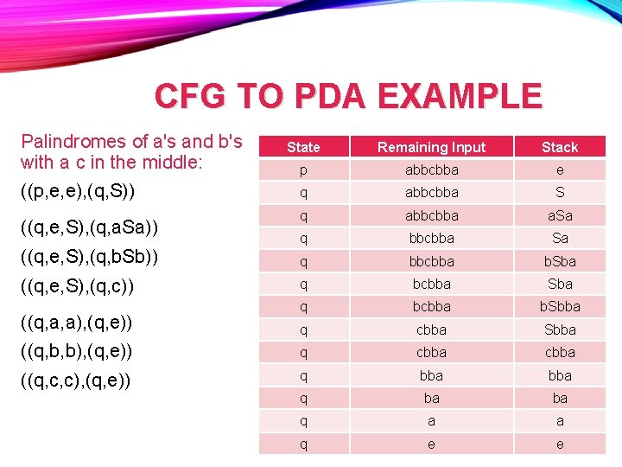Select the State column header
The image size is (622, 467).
coord(303,147)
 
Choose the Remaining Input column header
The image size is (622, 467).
coord(431,147)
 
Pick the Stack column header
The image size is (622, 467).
coord(560,147)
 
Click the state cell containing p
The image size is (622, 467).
coord(303,170)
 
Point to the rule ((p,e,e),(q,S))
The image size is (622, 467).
coord(77,189)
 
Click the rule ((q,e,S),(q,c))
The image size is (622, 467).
coord(77,285)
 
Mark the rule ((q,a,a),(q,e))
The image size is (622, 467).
coord(77,323)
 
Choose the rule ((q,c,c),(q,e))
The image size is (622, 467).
coord(77,381)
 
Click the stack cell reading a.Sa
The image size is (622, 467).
coord(560,215)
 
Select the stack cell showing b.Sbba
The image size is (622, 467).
coord(560,306)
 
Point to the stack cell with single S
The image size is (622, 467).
coord(560,192)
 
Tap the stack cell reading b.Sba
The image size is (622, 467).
coord(560,261)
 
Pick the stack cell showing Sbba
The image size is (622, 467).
coord(560,329)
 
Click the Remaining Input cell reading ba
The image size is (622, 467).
coord(431,398)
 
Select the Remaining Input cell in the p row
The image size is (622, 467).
coord(431,170)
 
